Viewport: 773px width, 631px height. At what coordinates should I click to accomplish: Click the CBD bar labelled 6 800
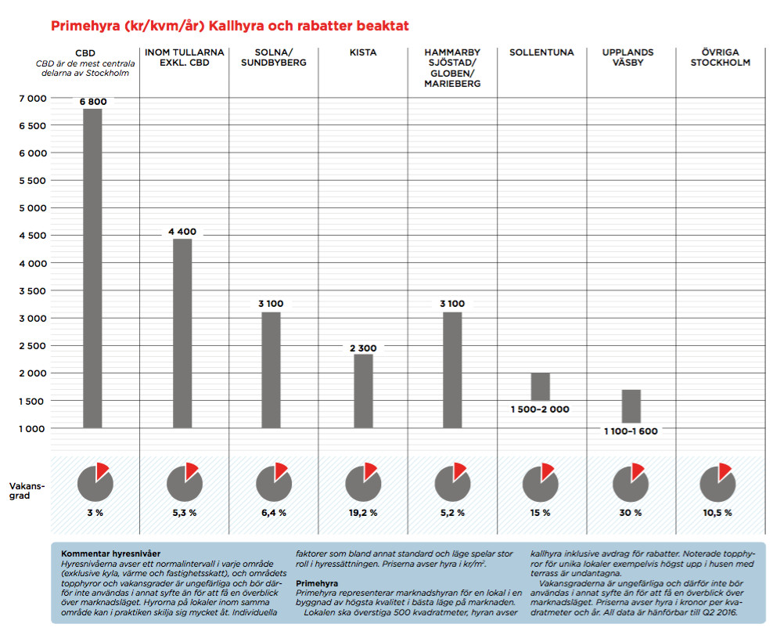93,268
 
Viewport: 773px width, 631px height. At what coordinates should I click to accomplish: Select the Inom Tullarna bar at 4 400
182,334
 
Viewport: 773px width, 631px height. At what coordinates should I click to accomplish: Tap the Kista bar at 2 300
363,391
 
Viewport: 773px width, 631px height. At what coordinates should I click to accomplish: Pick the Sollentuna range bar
541,386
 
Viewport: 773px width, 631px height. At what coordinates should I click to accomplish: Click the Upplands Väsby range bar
631,406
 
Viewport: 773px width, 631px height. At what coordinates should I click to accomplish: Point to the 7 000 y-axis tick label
31,98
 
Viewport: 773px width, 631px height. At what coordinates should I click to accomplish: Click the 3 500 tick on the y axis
31,290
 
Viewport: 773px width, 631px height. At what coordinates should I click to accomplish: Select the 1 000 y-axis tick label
31,428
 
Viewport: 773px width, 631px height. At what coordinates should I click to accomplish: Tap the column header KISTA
363,52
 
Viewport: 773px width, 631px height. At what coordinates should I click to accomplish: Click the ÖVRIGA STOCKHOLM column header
720,57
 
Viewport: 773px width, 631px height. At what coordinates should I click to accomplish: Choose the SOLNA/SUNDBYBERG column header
274,57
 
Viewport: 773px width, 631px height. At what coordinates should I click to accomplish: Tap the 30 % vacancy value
631,513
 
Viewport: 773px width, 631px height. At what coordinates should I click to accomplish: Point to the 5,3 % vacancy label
184,513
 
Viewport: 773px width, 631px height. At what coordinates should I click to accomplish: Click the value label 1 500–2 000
541,409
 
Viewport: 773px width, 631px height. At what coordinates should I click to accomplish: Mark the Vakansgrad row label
27,492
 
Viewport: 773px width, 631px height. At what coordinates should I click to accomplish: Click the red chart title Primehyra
229,26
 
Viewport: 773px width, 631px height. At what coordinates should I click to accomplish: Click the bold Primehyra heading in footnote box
317,583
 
